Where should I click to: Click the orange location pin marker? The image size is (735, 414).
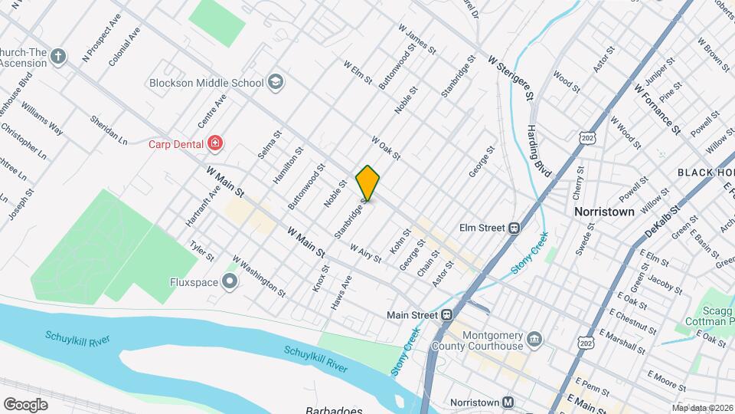(367, 183)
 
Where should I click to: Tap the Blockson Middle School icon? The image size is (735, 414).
(276, 82)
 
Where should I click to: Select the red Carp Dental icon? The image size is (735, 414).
(215, 143)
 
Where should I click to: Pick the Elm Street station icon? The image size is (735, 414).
(514, 228)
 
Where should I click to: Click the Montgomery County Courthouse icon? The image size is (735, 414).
(535, 338)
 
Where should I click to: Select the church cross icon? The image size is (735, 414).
(59, 57)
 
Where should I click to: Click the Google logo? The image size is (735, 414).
(25, 404)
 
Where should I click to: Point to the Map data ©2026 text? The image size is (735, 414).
(702, 408)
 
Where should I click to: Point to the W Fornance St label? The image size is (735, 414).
(657, 107)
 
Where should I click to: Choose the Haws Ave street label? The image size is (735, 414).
(341, 293)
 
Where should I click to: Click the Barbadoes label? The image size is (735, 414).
(333, 409)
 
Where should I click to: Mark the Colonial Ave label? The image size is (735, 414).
(124, 47)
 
